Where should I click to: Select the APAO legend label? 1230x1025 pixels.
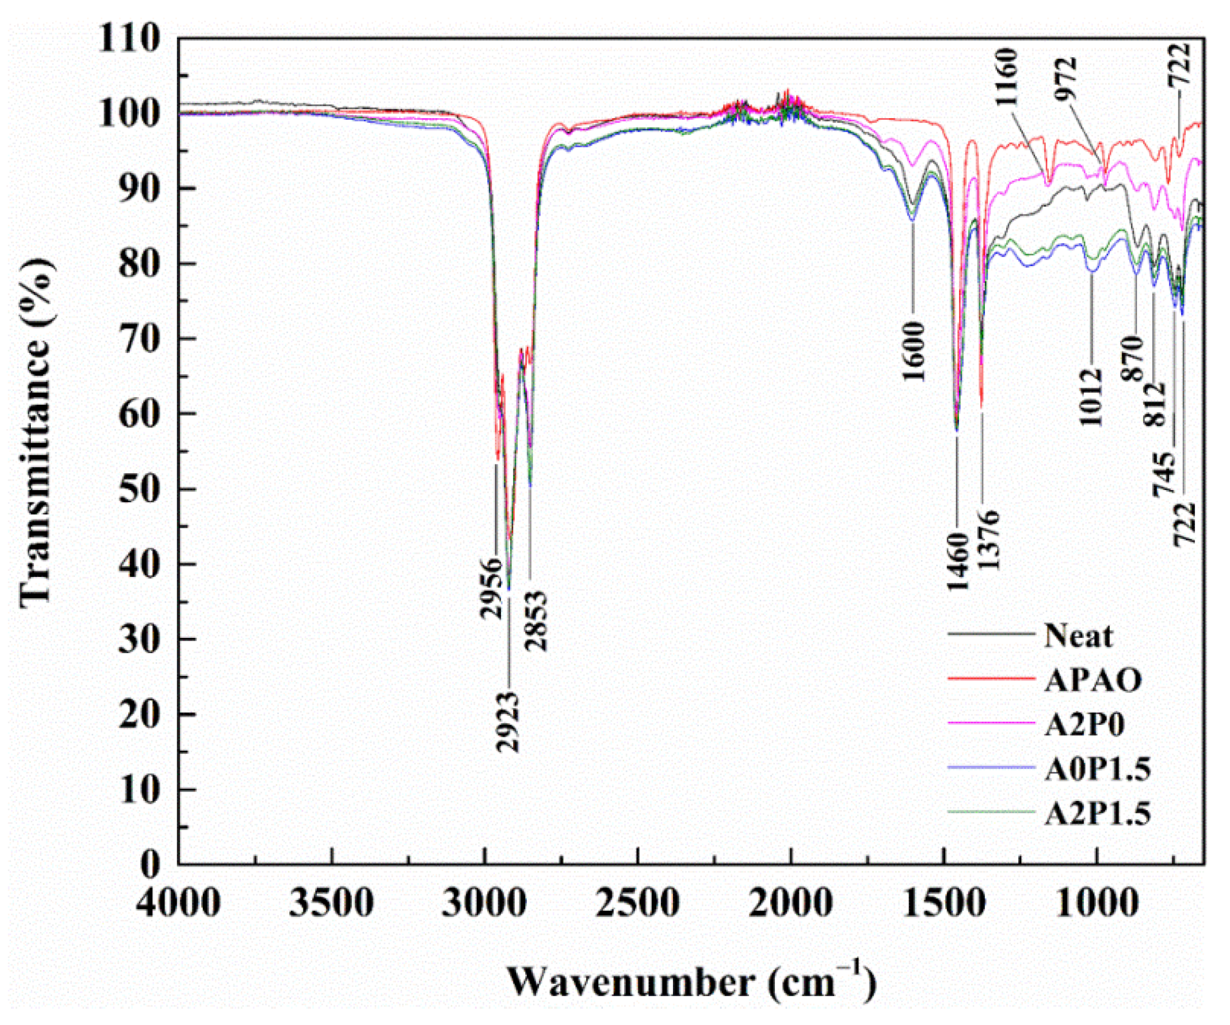[1092, 681]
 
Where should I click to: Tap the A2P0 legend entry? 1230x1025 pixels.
[1083, 725]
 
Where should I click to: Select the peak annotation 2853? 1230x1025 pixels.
[535, 621]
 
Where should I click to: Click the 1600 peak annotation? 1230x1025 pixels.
[913, 352]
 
